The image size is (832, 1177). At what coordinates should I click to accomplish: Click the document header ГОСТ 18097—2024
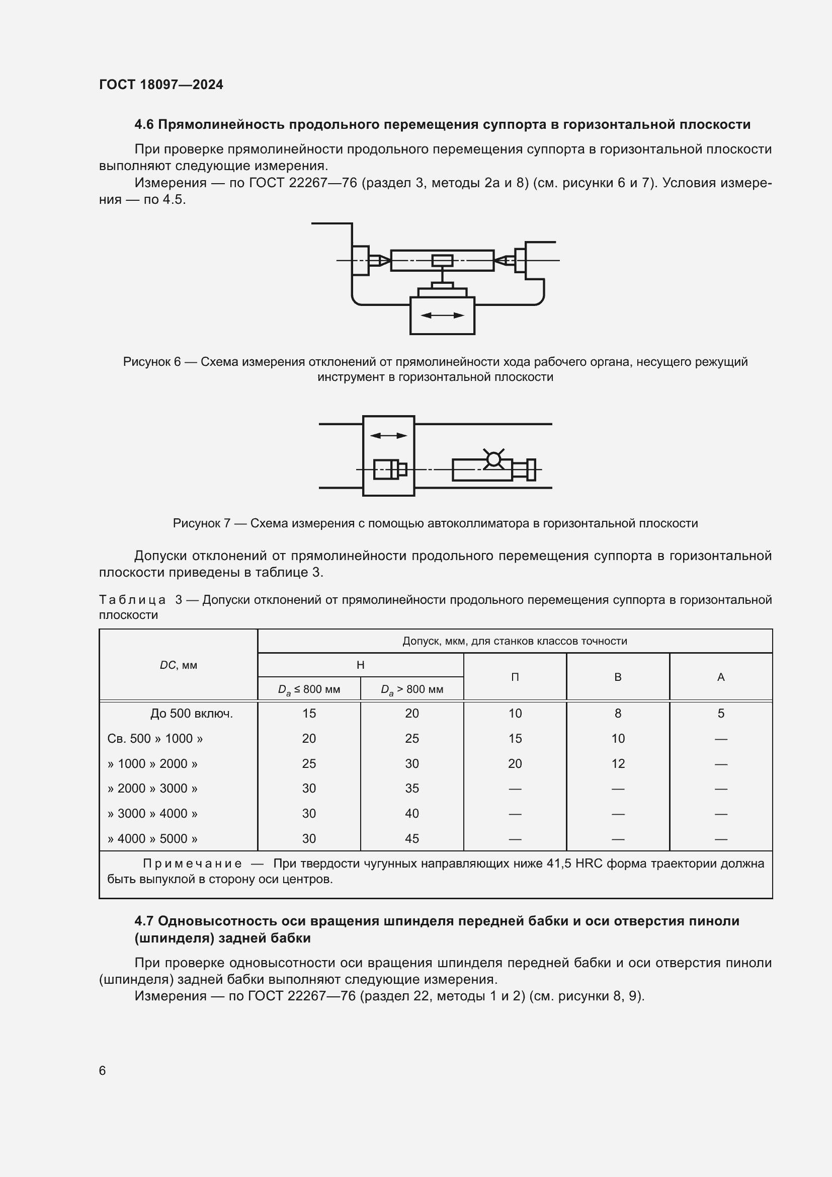pos(161,85)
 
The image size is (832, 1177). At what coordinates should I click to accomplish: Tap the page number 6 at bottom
pos(103,1070)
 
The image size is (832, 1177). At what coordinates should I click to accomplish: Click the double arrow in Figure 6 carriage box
pos(442,316)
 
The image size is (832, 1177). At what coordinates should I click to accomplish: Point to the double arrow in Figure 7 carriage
pos(388,436)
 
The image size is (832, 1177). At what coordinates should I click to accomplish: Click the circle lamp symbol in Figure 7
pos(493,459)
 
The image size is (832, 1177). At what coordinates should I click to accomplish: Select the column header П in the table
pos(515,677)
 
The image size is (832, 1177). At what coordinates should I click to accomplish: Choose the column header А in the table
pos(721,677)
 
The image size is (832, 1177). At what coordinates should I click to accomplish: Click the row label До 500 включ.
pos(192,714)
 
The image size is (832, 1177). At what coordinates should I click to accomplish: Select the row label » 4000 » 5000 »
pos(153,839)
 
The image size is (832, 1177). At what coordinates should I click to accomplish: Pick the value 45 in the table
pos(412,839)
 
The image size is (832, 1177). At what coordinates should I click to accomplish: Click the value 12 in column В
pos(618,764)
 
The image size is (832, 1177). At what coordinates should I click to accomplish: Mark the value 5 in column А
pos(721,714)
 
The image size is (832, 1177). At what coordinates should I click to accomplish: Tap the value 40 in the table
pos(412,814)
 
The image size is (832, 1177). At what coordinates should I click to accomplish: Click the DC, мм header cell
pos(178,665)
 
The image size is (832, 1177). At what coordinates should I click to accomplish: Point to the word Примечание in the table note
pos(192,864)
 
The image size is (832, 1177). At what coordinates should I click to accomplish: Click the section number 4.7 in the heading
pos(144,921)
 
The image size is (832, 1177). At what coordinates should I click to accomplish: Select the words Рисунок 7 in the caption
pos(201,523)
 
